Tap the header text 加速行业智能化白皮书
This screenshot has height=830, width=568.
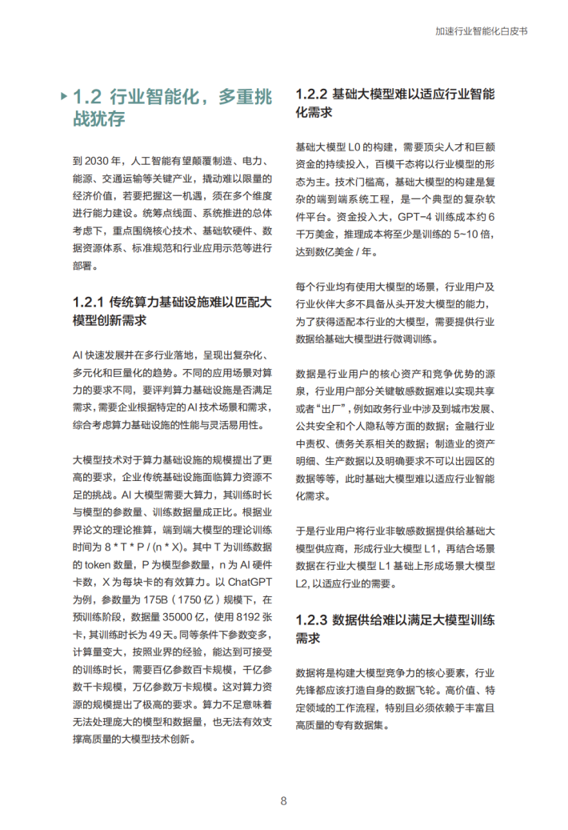[x=482, y=32]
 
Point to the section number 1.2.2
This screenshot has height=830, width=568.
[x=311, y=94]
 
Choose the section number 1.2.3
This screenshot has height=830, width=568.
[x=312, y=619]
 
